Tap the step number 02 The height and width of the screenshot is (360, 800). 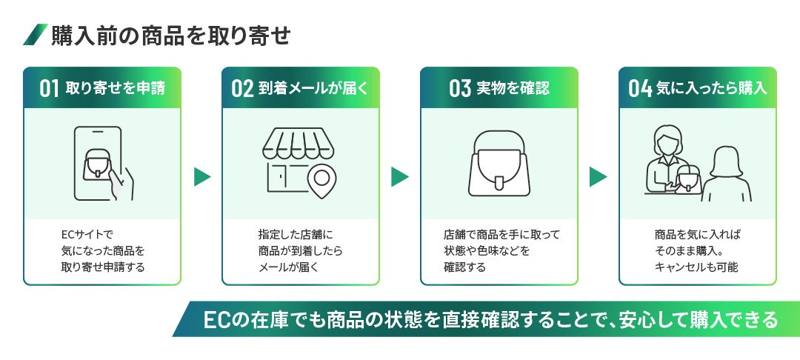click(x=242, y=88)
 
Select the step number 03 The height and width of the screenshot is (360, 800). click(x=460, y=88)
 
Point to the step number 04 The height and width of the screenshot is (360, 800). click(x=639, y=88)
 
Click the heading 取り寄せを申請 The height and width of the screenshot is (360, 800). click(x=115, y=88)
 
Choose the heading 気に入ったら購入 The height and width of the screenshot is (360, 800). click(x=712, y=88)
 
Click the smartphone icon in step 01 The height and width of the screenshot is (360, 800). click(x=98, y=164)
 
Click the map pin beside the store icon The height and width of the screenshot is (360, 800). click(x=320, y=179)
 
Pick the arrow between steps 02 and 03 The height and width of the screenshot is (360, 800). click(x=400, y=176)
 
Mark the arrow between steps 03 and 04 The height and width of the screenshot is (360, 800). click(x=598, y=176)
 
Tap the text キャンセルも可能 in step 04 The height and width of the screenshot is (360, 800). click(x=696, y=267)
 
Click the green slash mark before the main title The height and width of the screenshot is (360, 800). click(x=35, y=35)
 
